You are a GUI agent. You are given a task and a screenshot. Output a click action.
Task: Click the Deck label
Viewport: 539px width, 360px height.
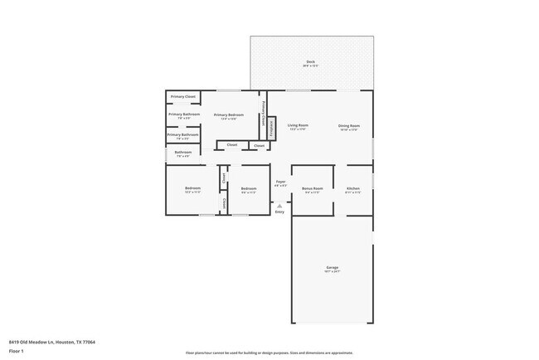(310, 63)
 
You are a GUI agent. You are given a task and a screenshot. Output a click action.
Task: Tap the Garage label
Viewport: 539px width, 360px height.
(332, 269)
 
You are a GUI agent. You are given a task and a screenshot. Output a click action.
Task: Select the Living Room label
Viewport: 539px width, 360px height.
(298, 127)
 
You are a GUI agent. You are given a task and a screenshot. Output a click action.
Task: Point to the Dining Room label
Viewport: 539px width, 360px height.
(348, 127)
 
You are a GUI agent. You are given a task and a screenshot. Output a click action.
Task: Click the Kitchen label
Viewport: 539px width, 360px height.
(352, 190)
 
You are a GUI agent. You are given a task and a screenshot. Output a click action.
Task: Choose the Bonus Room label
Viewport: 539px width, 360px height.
(312, 190)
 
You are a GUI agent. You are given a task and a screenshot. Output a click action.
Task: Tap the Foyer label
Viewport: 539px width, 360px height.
(280, 182)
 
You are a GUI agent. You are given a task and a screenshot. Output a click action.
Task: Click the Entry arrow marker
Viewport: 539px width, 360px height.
(279, 204)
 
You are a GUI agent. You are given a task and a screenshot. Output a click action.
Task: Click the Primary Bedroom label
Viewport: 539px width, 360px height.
(229, 116)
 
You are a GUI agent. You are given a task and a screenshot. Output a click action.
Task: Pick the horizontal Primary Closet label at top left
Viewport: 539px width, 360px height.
(183, 97)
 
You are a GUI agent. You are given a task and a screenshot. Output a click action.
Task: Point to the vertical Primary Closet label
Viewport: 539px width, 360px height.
(264, 114)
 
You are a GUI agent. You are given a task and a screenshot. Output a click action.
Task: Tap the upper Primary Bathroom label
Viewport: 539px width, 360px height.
(183, 115)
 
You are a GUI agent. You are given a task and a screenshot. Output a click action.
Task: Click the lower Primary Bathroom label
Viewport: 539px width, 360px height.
(182, 135)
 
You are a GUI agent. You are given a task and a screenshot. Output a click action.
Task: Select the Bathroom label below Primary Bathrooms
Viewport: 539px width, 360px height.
(182, 153)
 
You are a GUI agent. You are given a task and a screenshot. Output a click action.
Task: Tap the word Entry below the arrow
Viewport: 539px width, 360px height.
(279, 212)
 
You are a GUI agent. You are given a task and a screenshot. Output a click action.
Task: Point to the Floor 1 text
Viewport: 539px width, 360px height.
(17, 351)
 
